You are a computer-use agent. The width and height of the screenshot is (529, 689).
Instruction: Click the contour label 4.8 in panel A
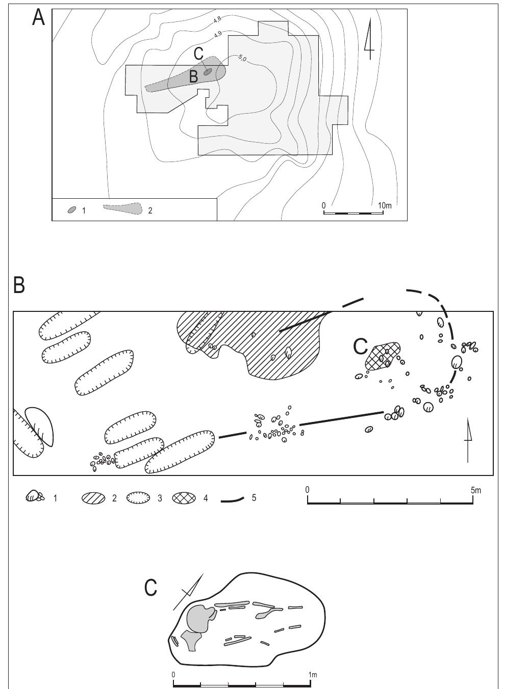217,19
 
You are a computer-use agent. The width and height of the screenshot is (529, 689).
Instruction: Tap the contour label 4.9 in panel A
217,34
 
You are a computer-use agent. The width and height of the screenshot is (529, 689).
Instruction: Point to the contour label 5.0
242,59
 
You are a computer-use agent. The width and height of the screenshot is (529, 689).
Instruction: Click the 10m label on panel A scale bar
385,205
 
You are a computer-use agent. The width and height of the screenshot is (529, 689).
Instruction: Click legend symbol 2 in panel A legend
123,208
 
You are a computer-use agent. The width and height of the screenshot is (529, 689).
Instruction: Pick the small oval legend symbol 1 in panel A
72,209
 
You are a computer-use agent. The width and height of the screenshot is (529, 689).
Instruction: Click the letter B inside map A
193,77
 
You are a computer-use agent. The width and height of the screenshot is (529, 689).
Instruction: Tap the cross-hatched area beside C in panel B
383,355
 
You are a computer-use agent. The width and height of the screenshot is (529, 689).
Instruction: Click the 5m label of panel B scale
475,490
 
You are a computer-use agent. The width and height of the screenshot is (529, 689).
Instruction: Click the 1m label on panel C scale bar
312,675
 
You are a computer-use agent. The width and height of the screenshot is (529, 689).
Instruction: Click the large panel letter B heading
19,285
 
